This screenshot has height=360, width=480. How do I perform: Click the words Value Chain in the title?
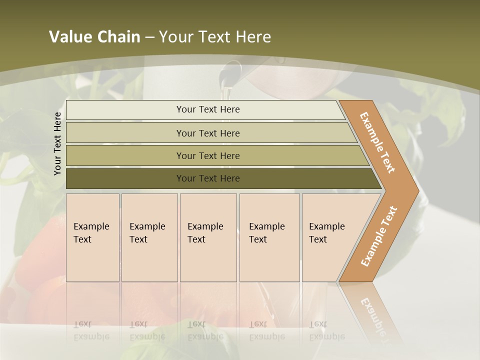pyautogui.click(x=94, y=37)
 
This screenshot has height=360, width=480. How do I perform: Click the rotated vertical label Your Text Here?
pyautogui.click(x=57, y=143)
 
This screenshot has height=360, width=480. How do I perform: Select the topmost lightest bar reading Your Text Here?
pyautogui.click(x=207, y=109)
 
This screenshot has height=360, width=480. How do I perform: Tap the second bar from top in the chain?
pyautogui.click(x=207, y=133)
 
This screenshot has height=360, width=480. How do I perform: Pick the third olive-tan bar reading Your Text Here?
pyautogui.click(x=207, y=155)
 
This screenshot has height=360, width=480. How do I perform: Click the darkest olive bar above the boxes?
pyautogui.click(x=207, y=178)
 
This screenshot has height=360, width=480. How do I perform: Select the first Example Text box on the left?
pyautogui.click(x=92, y=237)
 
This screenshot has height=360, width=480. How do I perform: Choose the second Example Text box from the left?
pyautogui.click(x=149, y=237)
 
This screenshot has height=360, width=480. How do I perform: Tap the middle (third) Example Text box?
pyautogui.click(x=208, y=237)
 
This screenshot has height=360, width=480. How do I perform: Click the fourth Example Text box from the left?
pyautogui.click(x=269, y=237)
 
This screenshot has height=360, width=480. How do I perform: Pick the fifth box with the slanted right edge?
pyautogui.click(x=330, y=237)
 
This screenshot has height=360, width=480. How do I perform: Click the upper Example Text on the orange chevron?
pyautogui.click(x=377, y=142)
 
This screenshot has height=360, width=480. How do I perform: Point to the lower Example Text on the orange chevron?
pyautogui.click(x=379, y=236)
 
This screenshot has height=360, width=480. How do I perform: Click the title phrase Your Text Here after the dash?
pyautogui.click(x=215, y=37)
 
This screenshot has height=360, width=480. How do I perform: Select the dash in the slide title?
pyautogui.click(x=149, y=37)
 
